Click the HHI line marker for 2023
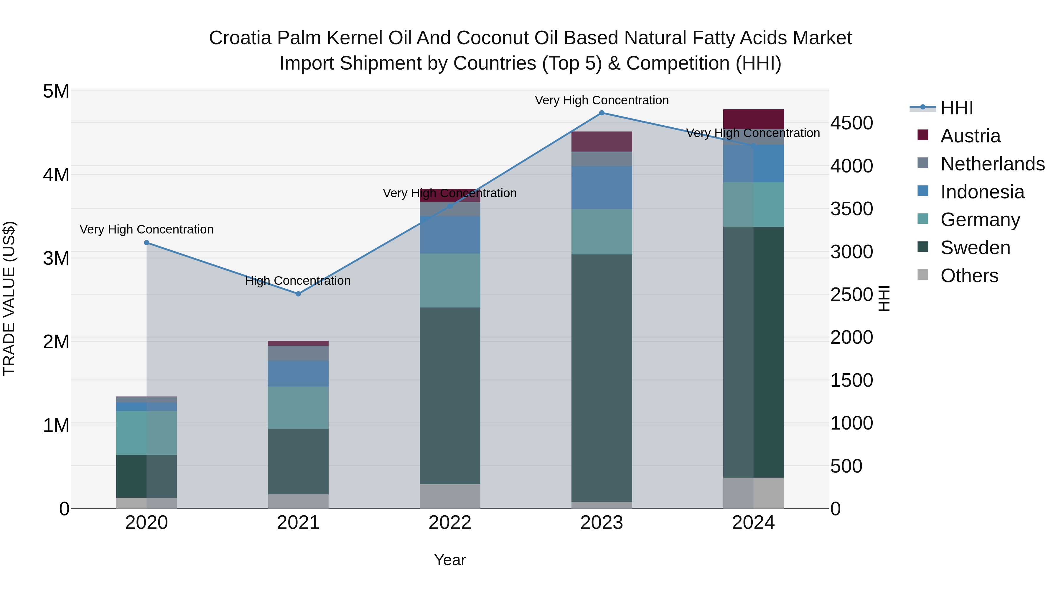click(601, 113)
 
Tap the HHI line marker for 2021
click(298, 294)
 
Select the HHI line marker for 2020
click(147, 243)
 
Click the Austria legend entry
click(970, 136)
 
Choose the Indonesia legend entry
click(982, 192)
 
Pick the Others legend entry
click(969, 276)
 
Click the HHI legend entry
click(956, 108)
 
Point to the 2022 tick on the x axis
click(450, 523)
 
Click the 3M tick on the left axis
click(56, 258)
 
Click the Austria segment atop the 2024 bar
click(753, 119)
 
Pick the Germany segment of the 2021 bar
click(298, 407)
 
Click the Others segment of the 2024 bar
click(753, 493)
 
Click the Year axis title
click(450, 560)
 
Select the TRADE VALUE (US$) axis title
click(9, 298)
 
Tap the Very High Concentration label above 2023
click(601, 100)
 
